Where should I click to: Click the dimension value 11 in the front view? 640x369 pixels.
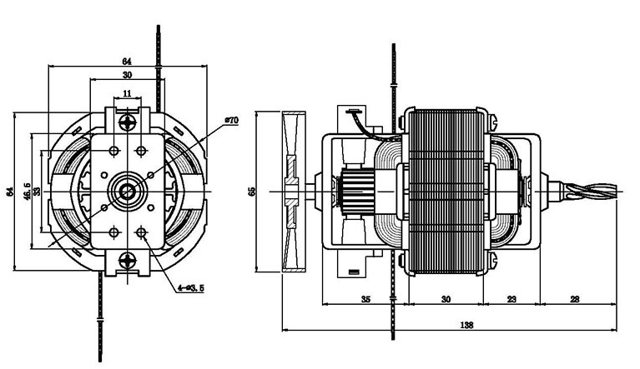point(127,93)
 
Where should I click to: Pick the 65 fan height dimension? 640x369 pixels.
point(253,191)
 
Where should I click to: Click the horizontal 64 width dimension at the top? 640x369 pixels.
point(127,61)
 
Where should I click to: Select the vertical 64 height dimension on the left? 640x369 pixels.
point(10,191)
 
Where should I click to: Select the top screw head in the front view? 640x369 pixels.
point(127,122)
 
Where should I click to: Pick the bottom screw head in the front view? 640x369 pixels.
point(127,259)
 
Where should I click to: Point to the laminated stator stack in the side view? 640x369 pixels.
point(446,191)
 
